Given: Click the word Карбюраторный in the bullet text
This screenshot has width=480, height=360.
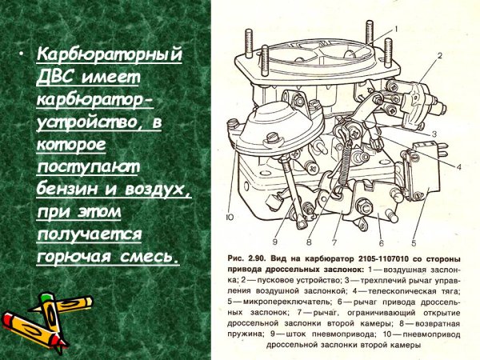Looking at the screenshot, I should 110,58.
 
